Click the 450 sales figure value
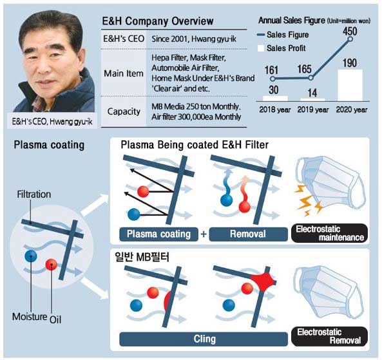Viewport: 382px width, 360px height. [350, 31]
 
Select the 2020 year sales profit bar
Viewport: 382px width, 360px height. [350, 85]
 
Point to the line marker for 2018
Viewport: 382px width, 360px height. [273, 79]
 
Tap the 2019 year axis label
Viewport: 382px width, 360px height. [313, 109]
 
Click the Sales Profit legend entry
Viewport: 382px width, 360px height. [282, 48]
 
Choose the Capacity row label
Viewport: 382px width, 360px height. [124, 111]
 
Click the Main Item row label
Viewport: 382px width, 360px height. [124, 73]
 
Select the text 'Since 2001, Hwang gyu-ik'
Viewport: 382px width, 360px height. [194, 39]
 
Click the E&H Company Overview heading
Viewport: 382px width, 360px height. [158, 21]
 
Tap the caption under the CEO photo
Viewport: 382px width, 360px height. [52, 121]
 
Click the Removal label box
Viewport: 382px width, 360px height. [248, 234]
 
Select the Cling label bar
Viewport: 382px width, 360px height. [204, 339]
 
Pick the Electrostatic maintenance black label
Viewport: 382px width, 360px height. [329, 233]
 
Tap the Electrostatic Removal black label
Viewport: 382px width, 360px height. [329, 336]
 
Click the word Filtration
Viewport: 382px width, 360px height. [34, 194]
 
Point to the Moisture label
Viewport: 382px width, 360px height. [30, 316]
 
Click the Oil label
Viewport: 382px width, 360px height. [55, 319]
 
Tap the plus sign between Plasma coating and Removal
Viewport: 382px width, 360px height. [204, 234]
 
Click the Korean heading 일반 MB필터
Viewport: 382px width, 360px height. [142, 256]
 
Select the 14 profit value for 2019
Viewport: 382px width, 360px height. [312, 93]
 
